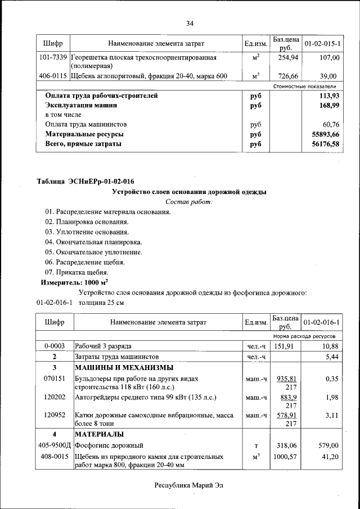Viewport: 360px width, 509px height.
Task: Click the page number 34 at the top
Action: click(190, 23)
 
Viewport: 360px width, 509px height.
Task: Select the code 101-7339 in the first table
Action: click(53, 57)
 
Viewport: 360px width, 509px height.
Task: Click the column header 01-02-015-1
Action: click(322, 43)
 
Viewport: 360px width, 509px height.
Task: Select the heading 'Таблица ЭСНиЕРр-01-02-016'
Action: click(85, 181)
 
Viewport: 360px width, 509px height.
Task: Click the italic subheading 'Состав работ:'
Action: click(190, 201)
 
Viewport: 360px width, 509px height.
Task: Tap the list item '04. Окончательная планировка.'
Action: click(93, 242)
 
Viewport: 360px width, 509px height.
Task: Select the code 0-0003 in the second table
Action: click(55, 346)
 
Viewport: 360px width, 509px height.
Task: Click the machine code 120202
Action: click(55, 397)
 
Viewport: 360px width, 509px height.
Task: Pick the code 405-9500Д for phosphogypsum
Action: click(55, 445)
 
